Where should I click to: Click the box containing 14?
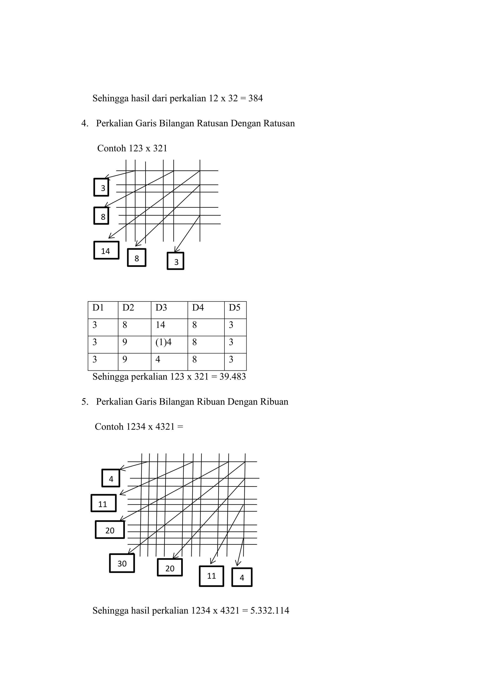tap(106, 250)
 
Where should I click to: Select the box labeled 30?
tap(122, 563)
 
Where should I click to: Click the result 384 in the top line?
tap(256, 98)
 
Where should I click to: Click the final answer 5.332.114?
tap(270, 610)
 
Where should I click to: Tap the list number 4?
tap(84, 123)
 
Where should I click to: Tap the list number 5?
tap(84, 402)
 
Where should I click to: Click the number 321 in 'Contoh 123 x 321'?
tap(160, 148)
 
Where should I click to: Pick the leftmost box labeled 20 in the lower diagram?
tap(110, 530)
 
